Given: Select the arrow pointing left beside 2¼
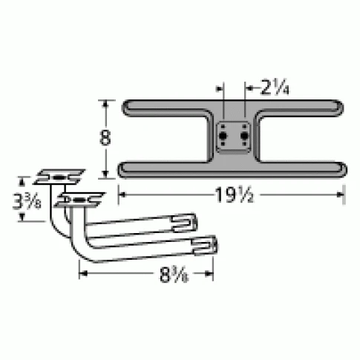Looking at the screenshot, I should (x=250, y=88).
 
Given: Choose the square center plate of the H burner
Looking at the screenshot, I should (x=235, y=138).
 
